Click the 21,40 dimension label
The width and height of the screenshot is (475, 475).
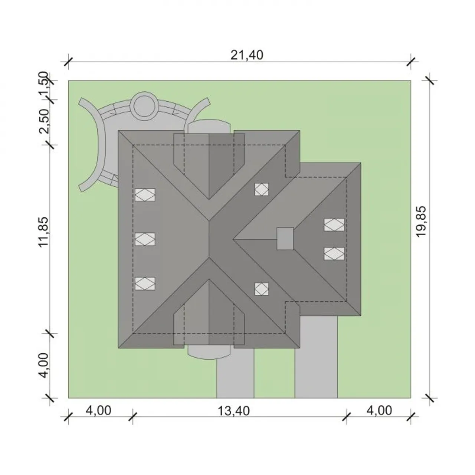pos(247,55)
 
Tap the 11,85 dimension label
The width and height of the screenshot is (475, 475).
pos(43,232)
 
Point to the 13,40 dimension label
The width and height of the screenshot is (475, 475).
pos(234,411)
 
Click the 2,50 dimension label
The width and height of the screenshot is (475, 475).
pos(44,121)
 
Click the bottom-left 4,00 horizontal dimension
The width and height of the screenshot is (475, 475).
pos(98,410)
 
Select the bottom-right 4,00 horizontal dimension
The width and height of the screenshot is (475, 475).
pos(379,410)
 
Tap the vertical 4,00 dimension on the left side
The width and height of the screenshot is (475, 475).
pos(43,365)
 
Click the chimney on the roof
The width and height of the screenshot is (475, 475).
pos(285,238)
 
